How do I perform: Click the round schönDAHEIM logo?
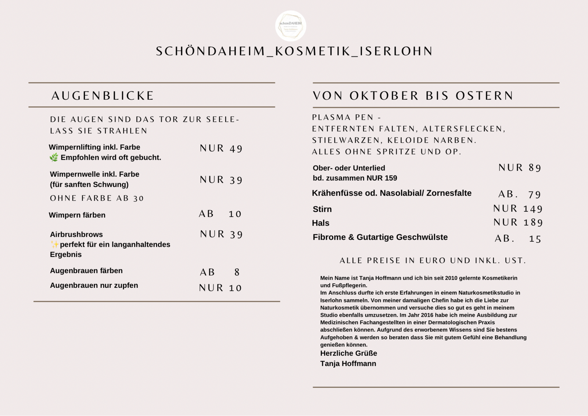[291, 26]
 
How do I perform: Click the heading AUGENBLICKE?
[103, 96]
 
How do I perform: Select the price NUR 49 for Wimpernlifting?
[221, 148]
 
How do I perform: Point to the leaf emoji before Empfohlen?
[54, 158]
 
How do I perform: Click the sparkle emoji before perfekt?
[54, 244]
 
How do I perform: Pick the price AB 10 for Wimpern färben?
[220, 214]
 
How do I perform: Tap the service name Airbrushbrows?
[76, 234]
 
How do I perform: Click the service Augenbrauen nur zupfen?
[94, 286]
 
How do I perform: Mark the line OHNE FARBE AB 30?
[97, 198]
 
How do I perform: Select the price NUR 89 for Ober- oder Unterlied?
[520, 168]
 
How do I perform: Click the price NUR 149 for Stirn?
[518, 209]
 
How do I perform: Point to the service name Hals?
[320, 223]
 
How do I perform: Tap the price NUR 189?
[518, 222]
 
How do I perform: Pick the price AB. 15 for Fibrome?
[518, 239]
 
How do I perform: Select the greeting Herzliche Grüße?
[348, 354]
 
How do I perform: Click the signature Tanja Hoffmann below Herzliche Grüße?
[348, 364]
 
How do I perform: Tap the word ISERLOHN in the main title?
[397, 51]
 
